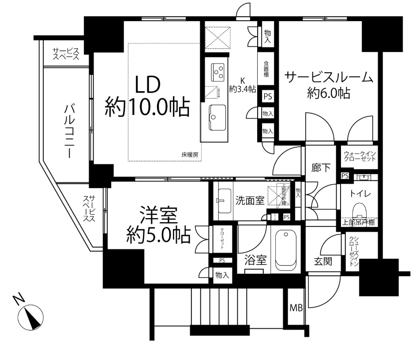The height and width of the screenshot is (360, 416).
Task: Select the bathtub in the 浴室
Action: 287,250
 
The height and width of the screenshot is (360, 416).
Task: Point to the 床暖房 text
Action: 189,154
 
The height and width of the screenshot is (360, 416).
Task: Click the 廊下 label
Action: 321,167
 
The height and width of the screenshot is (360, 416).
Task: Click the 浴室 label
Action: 255,260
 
